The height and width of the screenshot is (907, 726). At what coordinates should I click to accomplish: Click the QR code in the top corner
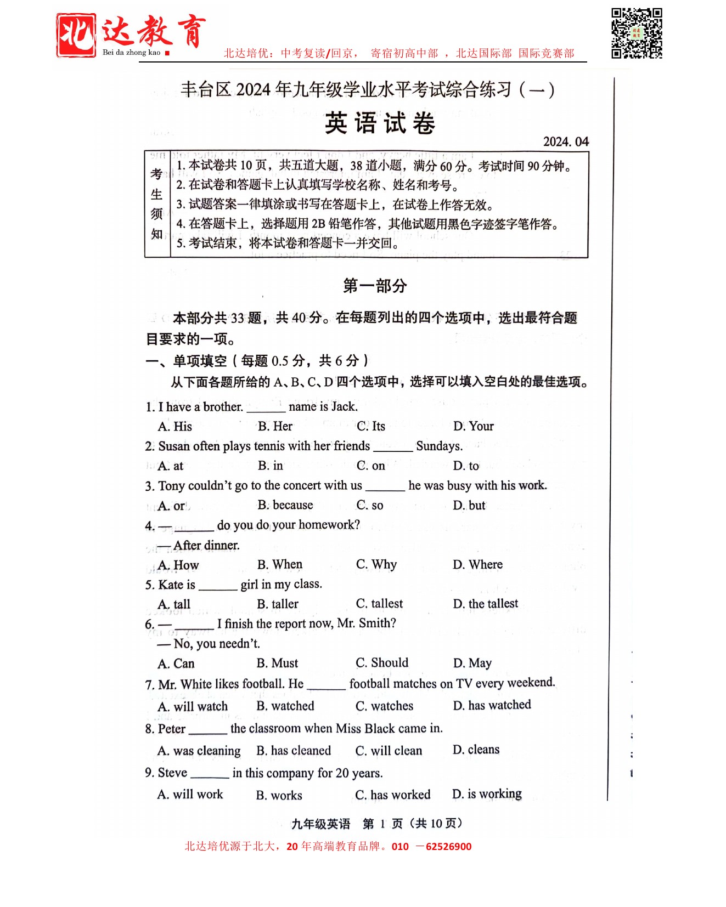(637, 33)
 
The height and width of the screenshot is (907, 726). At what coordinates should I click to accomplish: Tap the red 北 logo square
(76, 35)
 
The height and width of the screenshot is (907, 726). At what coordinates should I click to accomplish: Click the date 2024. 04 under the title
(566, 142)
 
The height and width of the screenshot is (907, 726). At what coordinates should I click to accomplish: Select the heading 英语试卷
(380, 123)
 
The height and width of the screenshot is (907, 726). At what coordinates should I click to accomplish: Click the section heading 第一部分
(375, 286)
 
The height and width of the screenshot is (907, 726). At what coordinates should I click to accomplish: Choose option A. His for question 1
(175, 427)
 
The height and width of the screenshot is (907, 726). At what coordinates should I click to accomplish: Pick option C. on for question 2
(371, 466)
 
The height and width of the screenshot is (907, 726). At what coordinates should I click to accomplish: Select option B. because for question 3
(285, 505)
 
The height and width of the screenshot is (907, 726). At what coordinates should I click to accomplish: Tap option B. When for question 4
(280, 564)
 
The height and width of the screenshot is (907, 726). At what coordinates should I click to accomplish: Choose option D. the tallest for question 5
(486, 604)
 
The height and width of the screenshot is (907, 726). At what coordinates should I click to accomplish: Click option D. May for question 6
(472, 663)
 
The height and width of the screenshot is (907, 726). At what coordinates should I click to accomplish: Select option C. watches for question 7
(385, 706)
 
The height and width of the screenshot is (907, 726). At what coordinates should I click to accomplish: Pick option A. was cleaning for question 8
(199, 750)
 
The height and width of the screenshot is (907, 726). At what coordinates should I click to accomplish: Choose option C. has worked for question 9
(393, 795)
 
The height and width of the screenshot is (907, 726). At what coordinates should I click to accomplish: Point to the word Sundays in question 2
(439, 446)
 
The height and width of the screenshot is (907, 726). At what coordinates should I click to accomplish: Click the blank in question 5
(218, 586)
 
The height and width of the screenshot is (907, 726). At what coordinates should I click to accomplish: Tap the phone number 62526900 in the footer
(448, 846)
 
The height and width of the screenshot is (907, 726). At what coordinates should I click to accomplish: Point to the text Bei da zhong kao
(132, 53)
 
